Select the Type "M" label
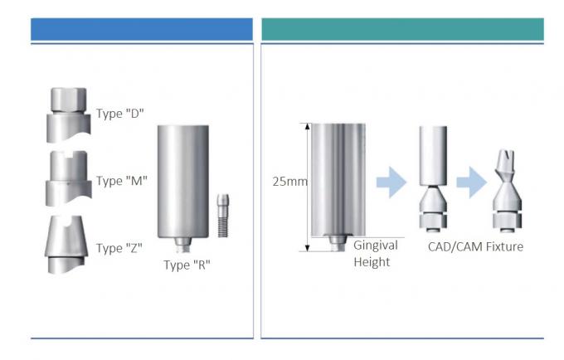[122, 181]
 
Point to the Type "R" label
[188, 265]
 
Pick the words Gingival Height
[376, 254]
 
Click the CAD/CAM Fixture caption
[475, 246]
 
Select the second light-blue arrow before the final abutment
[471, 182]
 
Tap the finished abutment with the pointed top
[508, 191]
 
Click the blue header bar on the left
[141, 30]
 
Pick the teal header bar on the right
[402, 30]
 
